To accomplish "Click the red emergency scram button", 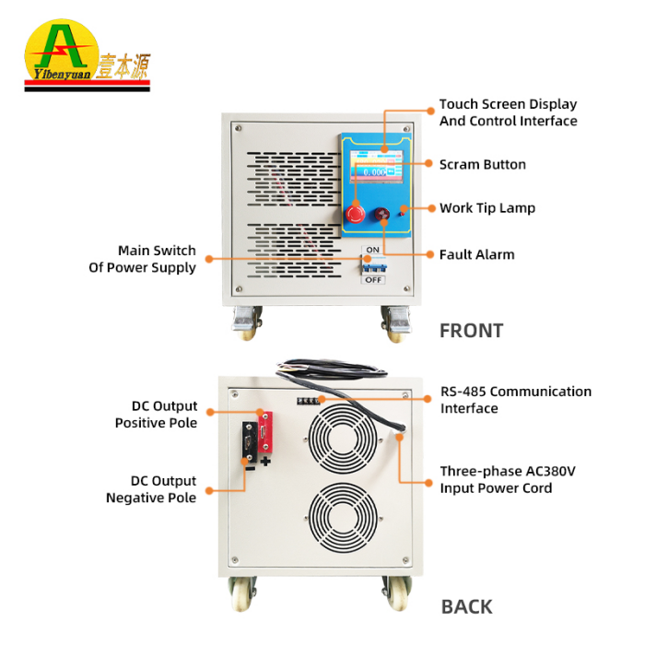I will (355, 215).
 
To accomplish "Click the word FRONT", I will (471, 331).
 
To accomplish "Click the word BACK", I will (466, 606).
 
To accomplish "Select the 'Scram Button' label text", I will (482, 165).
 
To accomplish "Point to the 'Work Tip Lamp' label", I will (487, 208).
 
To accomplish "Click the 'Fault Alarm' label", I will (476, 254).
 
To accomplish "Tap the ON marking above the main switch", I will (373, 250).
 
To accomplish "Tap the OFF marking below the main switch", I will (373, 280).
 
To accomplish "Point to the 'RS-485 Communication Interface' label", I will (515, 400).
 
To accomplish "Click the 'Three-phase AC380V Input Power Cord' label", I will (508, 479).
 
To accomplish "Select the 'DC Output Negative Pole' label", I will (151, 489).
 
